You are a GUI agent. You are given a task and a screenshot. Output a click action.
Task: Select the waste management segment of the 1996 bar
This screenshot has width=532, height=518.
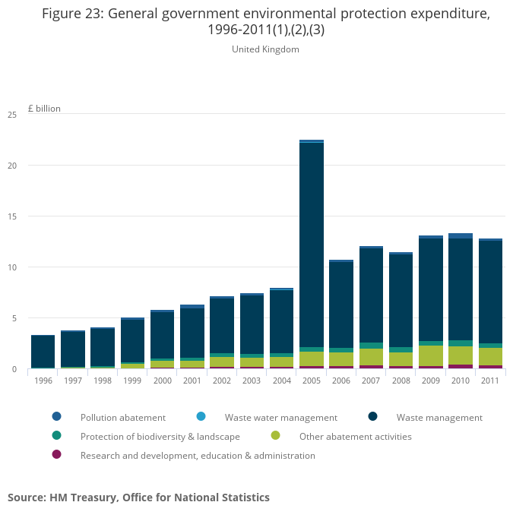click(43, 351)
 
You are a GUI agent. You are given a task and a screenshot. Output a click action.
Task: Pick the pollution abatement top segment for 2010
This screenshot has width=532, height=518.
click(461, 236)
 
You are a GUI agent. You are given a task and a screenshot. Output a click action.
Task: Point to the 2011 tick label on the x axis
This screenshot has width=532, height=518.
click(490, 381)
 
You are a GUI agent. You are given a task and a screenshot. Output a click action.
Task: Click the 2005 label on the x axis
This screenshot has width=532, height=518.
click(312, 381)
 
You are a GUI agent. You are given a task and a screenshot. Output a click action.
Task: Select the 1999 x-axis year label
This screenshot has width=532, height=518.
click(132, 381)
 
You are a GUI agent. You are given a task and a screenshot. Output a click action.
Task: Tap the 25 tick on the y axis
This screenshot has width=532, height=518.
click(12, 115)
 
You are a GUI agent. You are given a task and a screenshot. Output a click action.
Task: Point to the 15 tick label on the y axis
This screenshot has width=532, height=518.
click(12, 216)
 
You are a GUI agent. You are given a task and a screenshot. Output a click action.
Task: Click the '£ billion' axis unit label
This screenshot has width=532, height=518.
click(44, 109)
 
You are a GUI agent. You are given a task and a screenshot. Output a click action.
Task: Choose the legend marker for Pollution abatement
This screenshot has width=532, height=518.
click(57, 417)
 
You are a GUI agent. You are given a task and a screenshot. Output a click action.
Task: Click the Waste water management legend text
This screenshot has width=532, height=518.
click(280, 417)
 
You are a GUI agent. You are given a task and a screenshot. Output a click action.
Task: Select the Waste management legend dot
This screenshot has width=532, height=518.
click(374, 417)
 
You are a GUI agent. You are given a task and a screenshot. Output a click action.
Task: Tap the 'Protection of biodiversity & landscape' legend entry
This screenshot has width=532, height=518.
click(160, 437)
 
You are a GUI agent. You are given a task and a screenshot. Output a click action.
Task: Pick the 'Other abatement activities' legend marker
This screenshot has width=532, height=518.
click(275, 436)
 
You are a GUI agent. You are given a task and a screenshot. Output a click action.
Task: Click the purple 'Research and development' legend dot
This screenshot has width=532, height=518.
click(57, 455)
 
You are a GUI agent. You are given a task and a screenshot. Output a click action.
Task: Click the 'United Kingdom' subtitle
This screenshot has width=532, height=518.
click(265, 49)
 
